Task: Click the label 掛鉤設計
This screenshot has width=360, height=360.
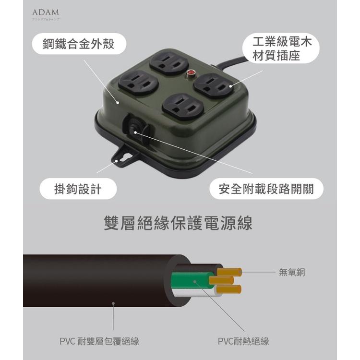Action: point(78,189)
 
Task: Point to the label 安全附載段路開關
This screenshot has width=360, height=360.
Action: point(266,189)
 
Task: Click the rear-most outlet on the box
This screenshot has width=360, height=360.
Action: point(168,61)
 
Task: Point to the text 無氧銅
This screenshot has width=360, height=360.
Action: point(292,273)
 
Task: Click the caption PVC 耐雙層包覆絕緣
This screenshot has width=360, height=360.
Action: point(99,341)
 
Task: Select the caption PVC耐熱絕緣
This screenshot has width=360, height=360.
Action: point(243,341)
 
